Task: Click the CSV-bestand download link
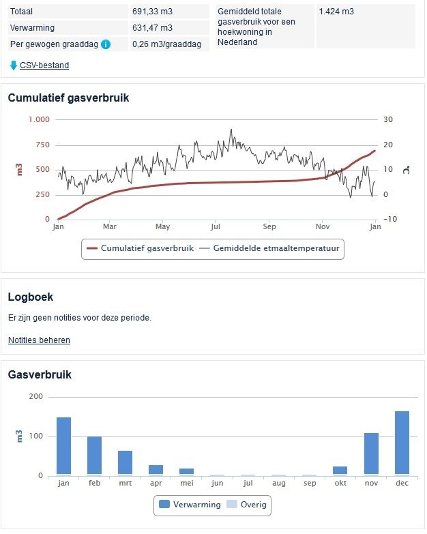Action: coord(44,65)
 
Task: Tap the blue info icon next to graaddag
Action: coord(106,44)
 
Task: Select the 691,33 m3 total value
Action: coord(152,12)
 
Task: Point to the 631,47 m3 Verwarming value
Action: coord(152,28)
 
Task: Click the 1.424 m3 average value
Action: coord(336,12)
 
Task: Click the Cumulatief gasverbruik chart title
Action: coord(68,98)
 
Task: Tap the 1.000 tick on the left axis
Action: coord(39,119)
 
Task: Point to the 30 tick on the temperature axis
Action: coord(388,119)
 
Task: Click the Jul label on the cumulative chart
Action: coord(216,226)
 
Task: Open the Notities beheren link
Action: coord(39,340)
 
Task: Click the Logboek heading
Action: coord(30,297)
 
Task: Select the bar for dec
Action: coord(402,443)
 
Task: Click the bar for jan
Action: coord(63,446)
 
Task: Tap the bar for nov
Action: coord(371,454)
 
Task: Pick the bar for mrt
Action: coord(125,462)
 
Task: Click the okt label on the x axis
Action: coord(340,482)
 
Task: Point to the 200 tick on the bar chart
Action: coord(35,397)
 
